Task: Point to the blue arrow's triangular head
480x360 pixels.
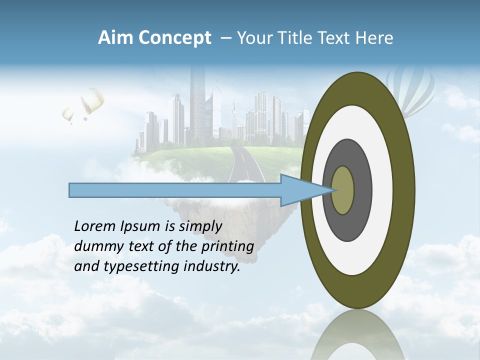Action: coord(305,190)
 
